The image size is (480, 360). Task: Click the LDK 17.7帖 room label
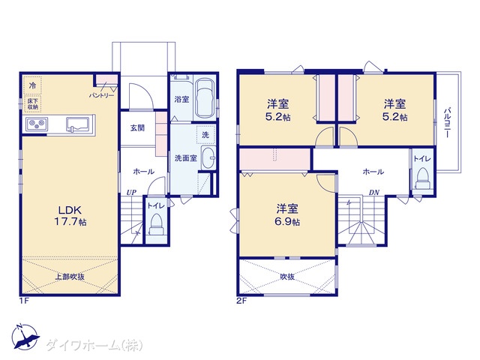click(x=70, y=215)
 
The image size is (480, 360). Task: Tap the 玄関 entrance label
click(x=137, y=127)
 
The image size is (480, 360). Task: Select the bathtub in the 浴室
click(x=205, y=98)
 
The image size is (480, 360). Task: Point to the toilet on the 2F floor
click(x=423, y=178)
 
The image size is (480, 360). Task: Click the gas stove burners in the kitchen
click(x=37, y=124)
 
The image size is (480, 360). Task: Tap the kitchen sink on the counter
click(x=78, y=124)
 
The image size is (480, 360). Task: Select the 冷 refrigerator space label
click(x=32, y=85)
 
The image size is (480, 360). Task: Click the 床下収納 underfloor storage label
click(x=33, y=103)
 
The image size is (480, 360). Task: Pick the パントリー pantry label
click(x=102, y=96)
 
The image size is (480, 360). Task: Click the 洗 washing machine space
click(x=205, y=134)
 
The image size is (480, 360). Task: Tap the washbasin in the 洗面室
click(x=208, y=158)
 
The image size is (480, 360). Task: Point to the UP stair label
click(x=132, y=193)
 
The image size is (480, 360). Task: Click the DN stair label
click(x=374, y=193)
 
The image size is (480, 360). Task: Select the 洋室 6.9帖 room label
click(x=287, y=215)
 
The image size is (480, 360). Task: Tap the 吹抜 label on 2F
click(x=287, y=277)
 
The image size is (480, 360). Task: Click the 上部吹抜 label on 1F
click(x=70, y=277)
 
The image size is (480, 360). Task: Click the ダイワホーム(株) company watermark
click(x=94, y=346)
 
